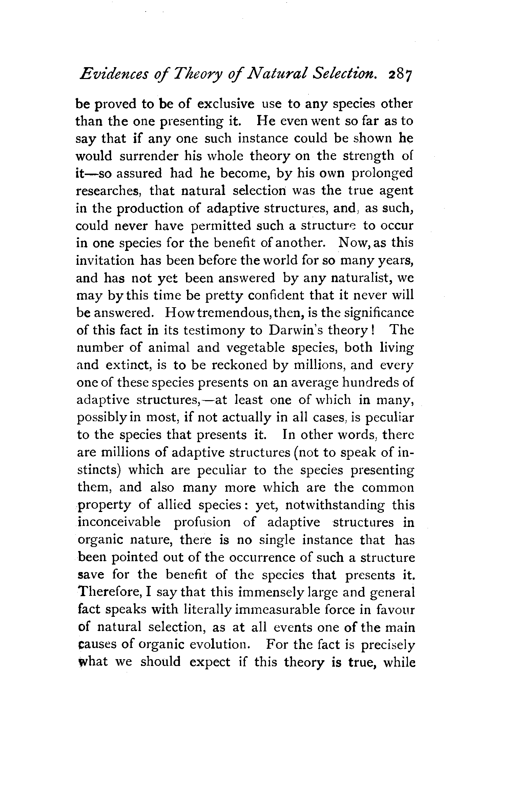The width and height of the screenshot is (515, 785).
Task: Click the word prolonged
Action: (382, 174)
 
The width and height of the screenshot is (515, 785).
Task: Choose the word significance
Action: (379, 313)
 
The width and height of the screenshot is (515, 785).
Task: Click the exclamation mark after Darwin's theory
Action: (373, 330)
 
